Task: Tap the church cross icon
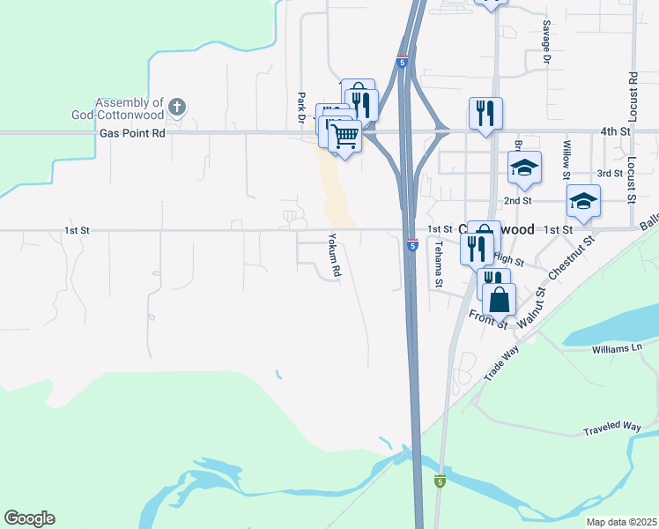[177, 108]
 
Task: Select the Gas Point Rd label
[132, 133]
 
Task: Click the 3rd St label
[610, 174]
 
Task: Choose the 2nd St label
[517, 200]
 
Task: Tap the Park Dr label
[300, 107]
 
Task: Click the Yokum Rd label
[334, 255]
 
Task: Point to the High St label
[508, 260]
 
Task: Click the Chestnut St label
[572, 257]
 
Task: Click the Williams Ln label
[617, 348]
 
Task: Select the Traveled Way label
[611, 429]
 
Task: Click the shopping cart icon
[345, 136]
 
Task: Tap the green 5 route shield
[440, 481]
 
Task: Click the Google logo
[29, 518]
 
